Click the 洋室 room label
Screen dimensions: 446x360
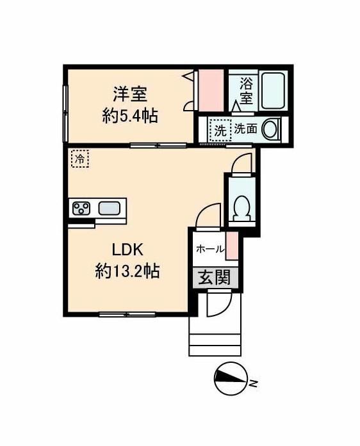coord(131,95)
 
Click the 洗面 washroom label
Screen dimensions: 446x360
coord(245,129)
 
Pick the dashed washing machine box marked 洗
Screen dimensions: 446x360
coord(220,130)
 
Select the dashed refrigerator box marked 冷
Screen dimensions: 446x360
coord(79,158)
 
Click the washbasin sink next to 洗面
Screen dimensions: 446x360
coord(272,129)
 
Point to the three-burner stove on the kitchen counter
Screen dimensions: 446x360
coord(81,209)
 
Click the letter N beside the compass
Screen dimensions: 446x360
coord(254,383)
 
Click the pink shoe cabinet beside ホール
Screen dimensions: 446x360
coord(233,246)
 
